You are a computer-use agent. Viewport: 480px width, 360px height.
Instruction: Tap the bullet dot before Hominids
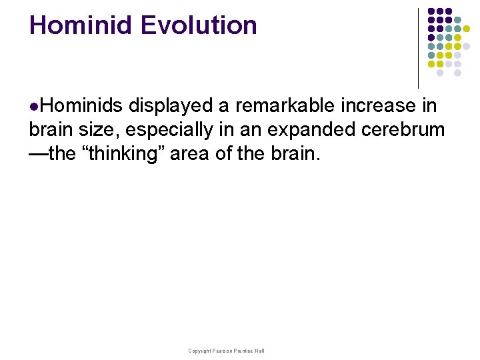tap(33, 106)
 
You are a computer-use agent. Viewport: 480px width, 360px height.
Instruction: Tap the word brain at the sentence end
tap(295, 154)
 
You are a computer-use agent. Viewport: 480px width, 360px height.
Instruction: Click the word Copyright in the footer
tap(199, 351)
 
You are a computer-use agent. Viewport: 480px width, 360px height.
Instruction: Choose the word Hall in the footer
tap(259, 351)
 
